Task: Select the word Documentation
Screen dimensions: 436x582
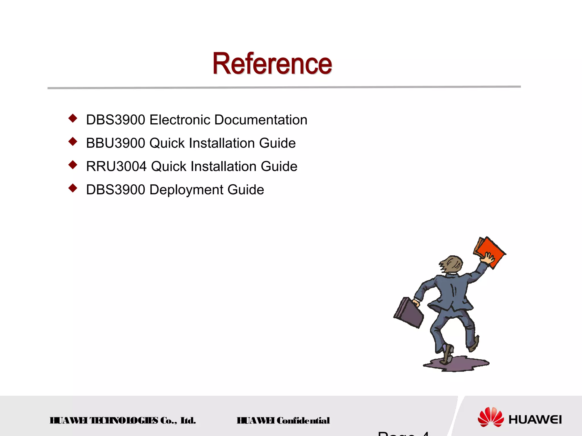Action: coord(261,120)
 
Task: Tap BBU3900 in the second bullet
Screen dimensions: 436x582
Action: coord(116,143)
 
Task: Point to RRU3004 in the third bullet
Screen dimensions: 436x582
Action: coord(116,166)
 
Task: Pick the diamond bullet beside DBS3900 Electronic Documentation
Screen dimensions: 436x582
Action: coord(73,118)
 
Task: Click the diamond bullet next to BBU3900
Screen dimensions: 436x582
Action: coord(73,141)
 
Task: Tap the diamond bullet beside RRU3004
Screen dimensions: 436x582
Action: coord(73,165)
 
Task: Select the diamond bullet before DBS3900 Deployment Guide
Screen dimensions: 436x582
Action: coord(73,188)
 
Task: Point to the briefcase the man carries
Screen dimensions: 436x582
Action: coord(409,312)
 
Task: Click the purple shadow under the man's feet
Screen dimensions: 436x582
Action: coord(458,365)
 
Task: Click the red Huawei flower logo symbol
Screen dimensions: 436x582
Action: coord(490,417)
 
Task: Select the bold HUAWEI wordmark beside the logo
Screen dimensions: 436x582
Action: coord(535,420)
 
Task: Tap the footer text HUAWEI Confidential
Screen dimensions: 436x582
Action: coord(283,420)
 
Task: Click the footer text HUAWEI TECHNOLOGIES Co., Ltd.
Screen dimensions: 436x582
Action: coord(123,420)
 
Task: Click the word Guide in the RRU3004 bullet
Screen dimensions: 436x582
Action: coord(279,166)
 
